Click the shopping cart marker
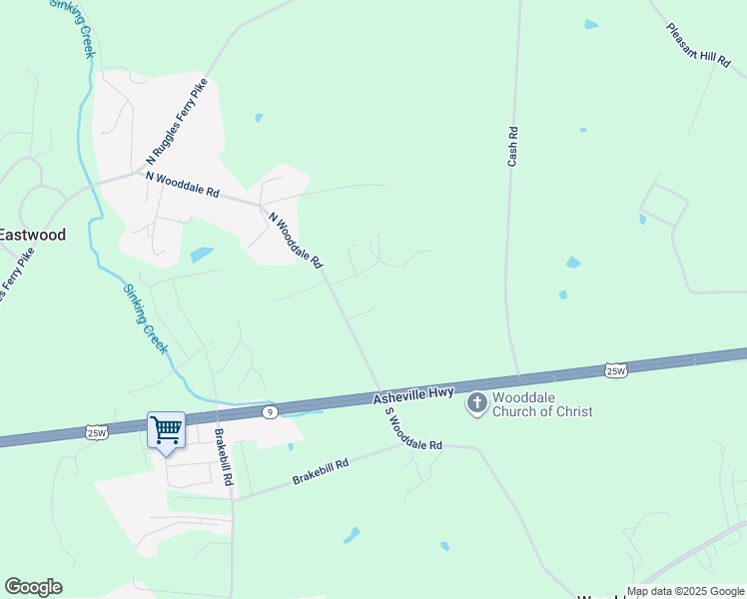pyautogui.click(x=166, y=431)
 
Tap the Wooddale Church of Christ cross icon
pyautogui.click(x=477, y=403)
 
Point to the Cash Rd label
pyautogui.click(x=512, y=146)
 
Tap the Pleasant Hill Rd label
pyautogui.click(x=700, y=46)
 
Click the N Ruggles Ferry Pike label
pyautogui.click(x=176, y=121)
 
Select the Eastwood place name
pyautogui.click(x=32, y=236)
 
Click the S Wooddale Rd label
pyautogui.click(x=412, y=429)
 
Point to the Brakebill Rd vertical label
pyautogui.click(x=225, y=457)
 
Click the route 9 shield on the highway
pyautogui.click(x=269, y=410)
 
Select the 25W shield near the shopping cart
pyautogui.click(x=97, y=432)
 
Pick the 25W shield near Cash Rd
pyautogui.click(x=616, y=371)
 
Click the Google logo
pyautogui.click(x=33, y=587)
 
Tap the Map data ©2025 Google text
pyautogui.click(x=685, y=591)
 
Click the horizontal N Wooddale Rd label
pyautogui.click(x=182, y=185)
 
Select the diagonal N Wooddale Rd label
pyautogui.click(x=296, y=240)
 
